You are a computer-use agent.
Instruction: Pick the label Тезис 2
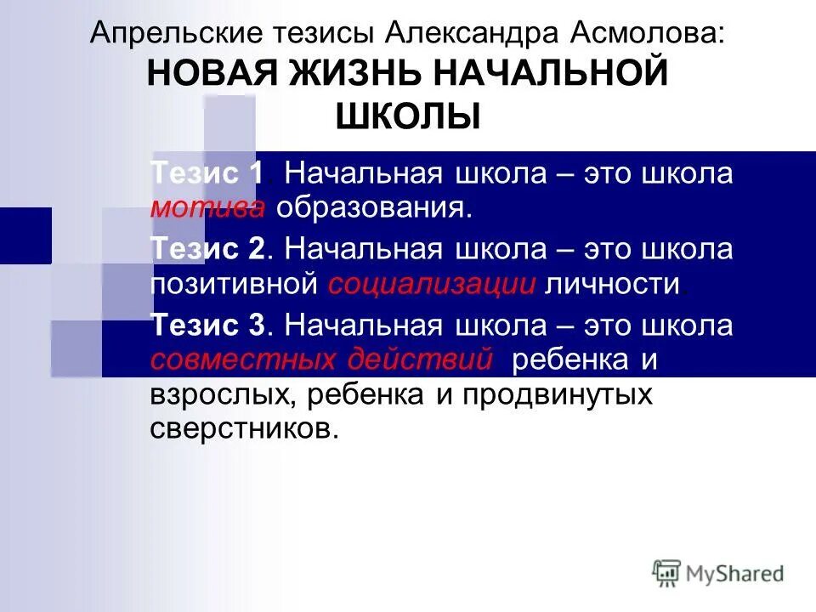tap(208, 250)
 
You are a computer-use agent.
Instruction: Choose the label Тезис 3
tap(208, 326)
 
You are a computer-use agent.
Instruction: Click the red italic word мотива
tap(208, 207)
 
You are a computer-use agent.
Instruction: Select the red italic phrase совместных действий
tap(322, 360)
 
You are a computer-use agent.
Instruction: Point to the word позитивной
tap(235, 284)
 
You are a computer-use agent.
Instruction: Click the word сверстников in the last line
tap(244, 428)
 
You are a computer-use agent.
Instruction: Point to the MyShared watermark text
tap(734, 574)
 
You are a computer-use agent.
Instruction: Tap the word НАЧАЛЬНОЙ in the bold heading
tap(550, 74)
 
